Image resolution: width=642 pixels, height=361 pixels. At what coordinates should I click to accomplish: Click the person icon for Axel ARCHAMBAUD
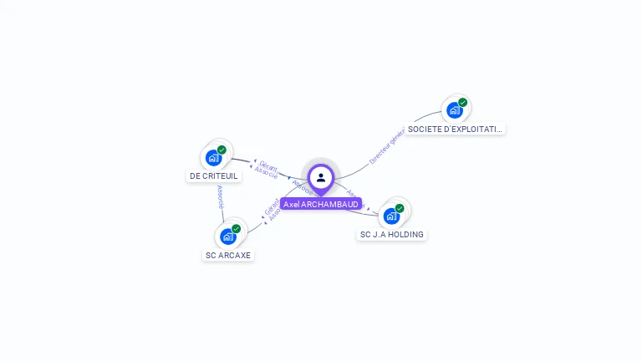click(x=321, y=177)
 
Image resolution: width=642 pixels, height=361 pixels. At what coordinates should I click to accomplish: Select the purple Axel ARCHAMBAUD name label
click(x=321, y=204)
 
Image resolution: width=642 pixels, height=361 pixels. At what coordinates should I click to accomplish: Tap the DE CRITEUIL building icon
click(x=213, y=157)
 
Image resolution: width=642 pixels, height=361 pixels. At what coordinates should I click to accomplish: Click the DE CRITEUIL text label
click(x=214, y=176)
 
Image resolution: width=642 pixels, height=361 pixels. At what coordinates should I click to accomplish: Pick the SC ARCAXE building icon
click(x=227, y=236)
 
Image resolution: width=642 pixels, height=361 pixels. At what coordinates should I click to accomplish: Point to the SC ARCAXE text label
click(x=228, y=255)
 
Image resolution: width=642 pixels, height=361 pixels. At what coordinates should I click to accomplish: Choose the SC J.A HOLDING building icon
click(x=390, y=216)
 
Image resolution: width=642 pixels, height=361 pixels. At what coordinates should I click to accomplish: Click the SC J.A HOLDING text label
click(x=391, y=235)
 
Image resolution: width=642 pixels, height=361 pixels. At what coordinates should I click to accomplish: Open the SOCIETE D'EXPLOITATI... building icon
click(x=454, y=109)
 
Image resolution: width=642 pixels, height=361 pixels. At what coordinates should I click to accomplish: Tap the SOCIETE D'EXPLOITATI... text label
click(x=456, y=130)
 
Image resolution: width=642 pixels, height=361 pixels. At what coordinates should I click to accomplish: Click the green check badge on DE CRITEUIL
click(x=222, y=150)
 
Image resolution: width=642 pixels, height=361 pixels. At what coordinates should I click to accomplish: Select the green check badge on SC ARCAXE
click(x=236, y=228)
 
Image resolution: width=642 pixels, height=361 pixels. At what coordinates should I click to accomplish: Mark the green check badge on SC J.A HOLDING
click(x=400, y=208)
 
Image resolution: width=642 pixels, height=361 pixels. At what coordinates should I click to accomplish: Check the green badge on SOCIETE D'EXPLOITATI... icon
click(x=463, y=103)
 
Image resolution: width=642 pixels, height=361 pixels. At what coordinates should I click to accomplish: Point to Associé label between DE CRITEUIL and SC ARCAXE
click(x=220, y=197)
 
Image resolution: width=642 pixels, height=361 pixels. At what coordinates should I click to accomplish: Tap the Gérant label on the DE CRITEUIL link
click(x=268, y=165)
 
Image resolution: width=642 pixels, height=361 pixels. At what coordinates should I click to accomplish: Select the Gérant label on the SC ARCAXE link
click(x=271, y=206)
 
